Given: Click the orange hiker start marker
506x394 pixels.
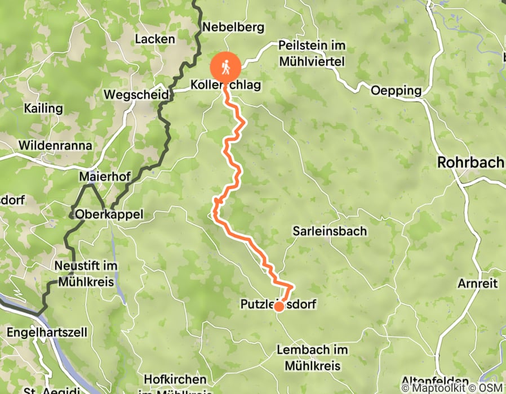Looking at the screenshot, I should (226, 67).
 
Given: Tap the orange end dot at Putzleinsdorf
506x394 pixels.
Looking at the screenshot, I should (278, 306).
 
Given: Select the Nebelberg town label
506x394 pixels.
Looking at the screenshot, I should (225, 26).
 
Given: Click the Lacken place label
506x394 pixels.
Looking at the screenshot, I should (155, 39).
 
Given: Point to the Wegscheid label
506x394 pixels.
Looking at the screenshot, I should (136, 95).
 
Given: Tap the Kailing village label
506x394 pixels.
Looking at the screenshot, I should (43, 108).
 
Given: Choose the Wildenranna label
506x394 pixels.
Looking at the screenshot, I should (55, 145).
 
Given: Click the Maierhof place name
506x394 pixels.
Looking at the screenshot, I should (105, 177).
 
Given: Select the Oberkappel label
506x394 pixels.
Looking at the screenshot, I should (109, 214).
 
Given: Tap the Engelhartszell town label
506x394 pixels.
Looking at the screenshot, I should (47, 332).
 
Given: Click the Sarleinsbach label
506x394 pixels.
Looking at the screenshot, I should (330, 231).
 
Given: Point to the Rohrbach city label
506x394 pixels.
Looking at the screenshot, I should (471, 163).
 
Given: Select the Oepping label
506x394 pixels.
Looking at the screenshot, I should (396, 90).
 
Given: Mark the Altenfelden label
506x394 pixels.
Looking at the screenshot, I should (435, 382).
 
